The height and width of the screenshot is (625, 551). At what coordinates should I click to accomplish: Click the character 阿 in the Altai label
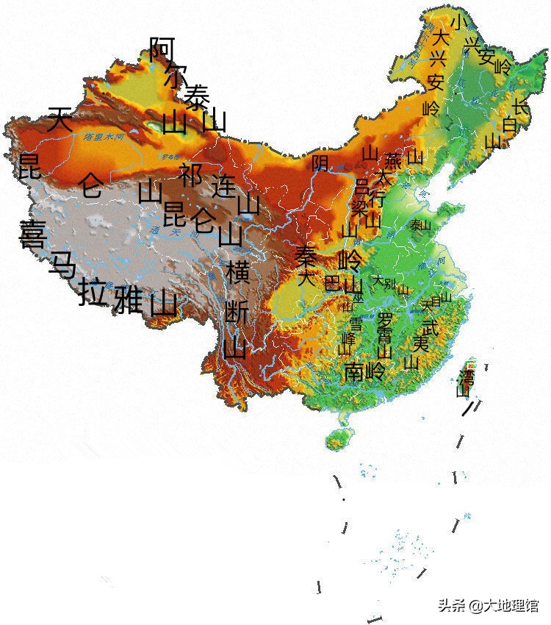(x=162, y=49)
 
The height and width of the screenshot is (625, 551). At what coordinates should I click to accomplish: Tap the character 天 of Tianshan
(x=60, y=119)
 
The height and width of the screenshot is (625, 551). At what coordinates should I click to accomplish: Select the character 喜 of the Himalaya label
(x=33, y=235)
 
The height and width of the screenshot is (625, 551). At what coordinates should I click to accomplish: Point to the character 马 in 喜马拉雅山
(x=62, y=264)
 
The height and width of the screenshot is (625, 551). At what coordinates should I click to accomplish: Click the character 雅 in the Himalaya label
(x=128, y=298)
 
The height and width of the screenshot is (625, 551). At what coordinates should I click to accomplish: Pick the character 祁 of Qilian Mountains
(x=191, y=174)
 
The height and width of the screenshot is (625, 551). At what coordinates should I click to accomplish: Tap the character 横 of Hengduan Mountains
(x=238, y=272)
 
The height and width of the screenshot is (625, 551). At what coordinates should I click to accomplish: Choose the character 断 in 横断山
(x=236, y=311)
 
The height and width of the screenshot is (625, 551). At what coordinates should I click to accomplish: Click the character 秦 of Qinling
(x=306, y=256)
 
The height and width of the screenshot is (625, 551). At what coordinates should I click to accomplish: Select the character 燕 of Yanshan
(x=394, y=160)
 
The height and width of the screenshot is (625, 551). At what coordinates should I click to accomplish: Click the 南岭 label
(x=364, y=371)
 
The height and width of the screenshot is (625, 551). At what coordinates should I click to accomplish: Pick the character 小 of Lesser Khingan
(x=459, y=21)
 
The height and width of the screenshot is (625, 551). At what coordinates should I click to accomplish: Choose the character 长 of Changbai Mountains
(x=519, y=107)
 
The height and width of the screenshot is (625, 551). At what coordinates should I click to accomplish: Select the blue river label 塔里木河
(x=102, y=137)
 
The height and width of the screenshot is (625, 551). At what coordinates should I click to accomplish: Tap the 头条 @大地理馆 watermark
(x=489, y=605)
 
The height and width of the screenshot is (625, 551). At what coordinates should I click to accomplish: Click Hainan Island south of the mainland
(x=336, y=440)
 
